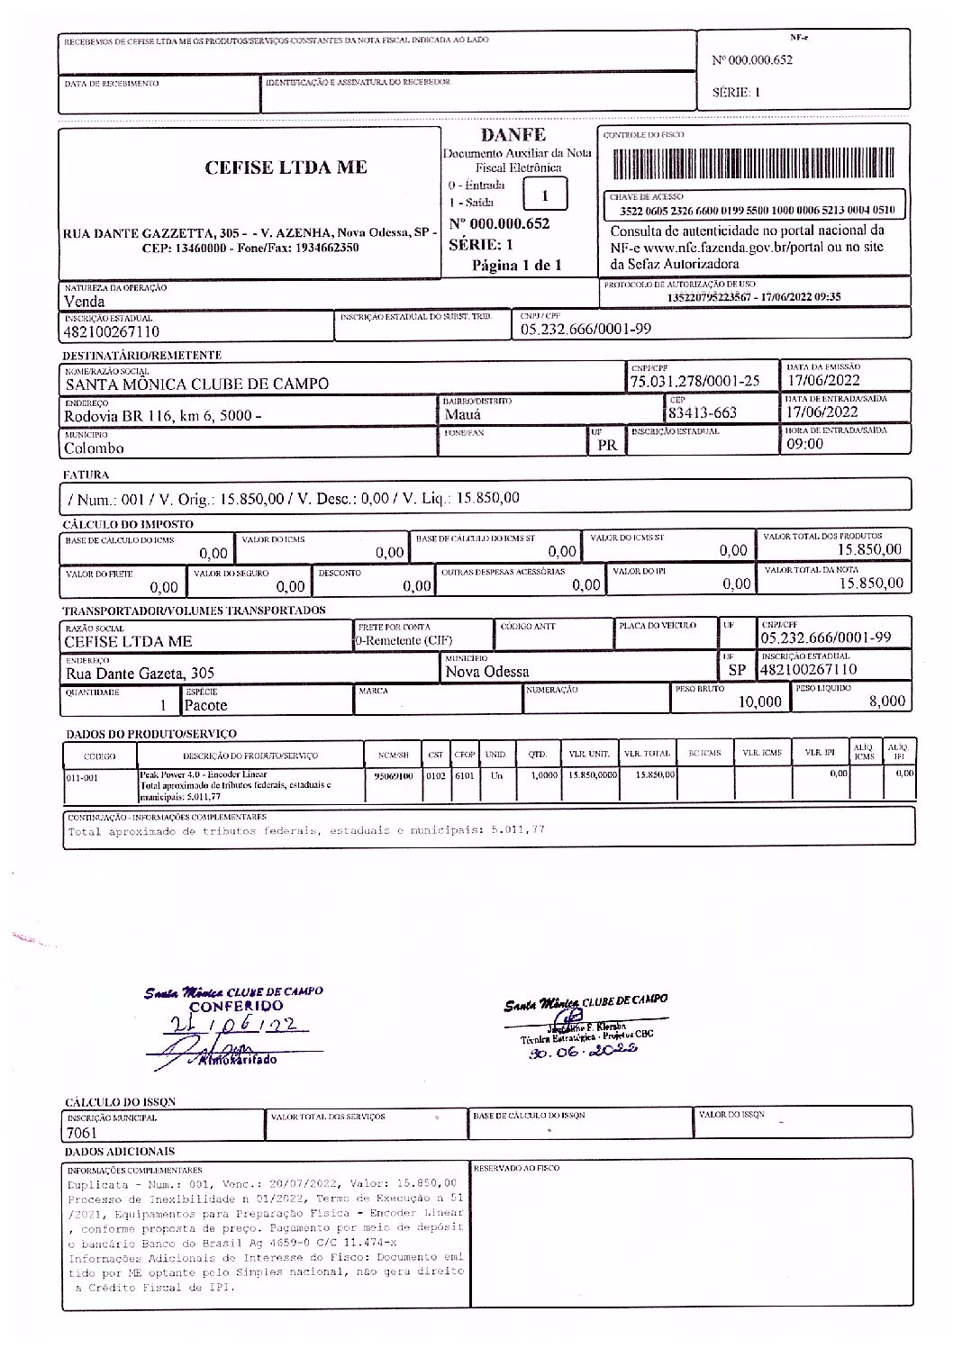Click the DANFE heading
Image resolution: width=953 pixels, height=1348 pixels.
(513, 135)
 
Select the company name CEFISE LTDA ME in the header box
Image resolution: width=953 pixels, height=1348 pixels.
(286, 167)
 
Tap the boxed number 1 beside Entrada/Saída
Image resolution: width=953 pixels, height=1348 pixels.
(544, 195)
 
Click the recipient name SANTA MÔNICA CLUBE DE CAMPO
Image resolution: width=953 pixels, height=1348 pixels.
(196, 384)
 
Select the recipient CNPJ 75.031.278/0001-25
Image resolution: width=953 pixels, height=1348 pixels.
(694, 381)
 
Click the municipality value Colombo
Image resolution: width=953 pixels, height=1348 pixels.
(94, 448)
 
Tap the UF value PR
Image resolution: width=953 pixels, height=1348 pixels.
(606, 445)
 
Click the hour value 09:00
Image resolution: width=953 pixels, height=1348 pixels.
(804, 443)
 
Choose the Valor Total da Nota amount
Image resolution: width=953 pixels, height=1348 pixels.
(870, 583)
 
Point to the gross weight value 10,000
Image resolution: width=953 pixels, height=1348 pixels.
(760, 701)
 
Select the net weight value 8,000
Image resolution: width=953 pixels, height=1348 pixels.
(886, 701)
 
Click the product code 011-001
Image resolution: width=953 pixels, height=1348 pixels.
(83, 777)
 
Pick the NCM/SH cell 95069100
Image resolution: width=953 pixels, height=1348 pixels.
(393, 774)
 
